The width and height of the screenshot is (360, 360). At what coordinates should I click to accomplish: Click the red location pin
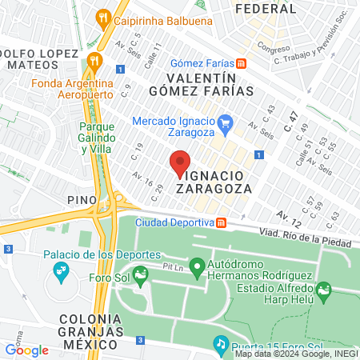click(x=181, y=162)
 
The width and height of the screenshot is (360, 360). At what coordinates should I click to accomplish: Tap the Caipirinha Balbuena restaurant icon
click(x=102, y=16)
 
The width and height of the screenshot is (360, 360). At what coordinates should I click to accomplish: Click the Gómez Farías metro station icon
click(x=241, y=63)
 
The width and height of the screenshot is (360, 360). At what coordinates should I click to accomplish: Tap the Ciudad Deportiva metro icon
click(x=222, y=222)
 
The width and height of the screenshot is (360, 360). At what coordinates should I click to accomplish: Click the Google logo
click(x=26, y=350)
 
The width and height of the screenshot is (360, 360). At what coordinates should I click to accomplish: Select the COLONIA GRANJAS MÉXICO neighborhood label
click(x=90, y=330)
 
